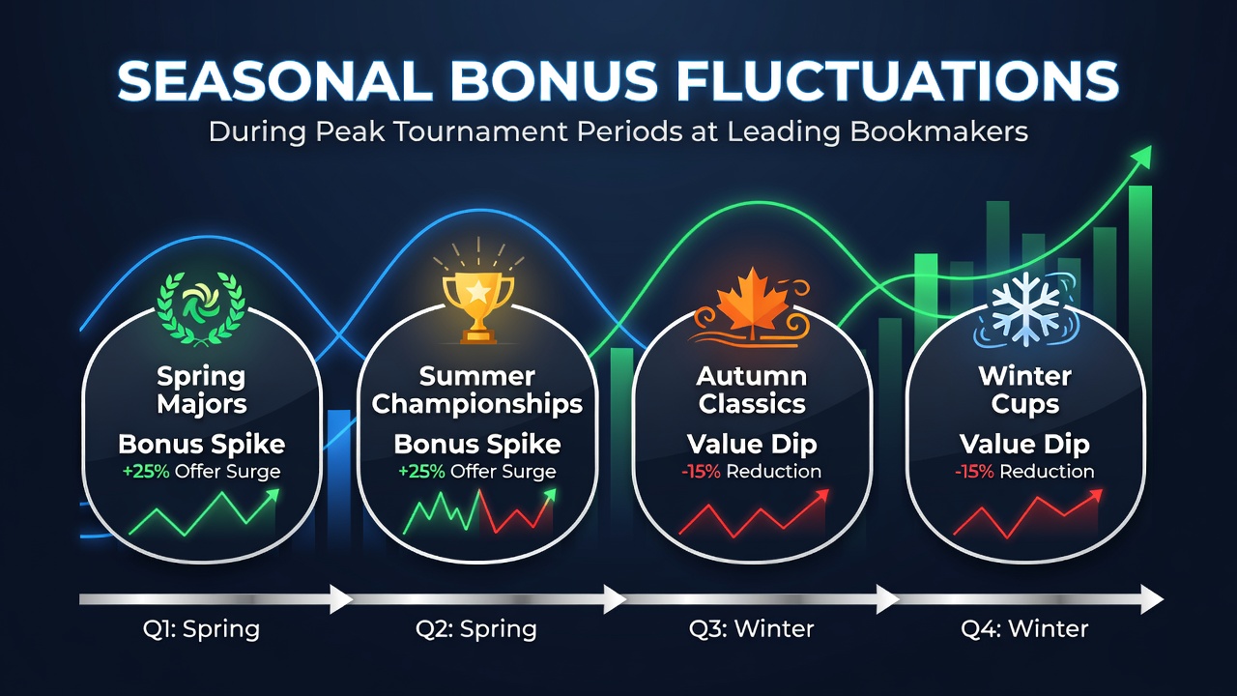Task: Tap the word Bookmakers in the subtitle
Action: [x=938, y=132]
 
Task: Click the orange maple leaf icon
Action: [x=752, y=306]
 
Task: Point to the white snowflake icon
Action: [x=1026, y=309]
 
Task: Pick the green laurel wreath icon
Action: [x=201, y=307]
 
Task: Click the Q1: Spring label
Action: [x=201, y=629]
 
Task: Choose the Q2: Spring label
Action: [x=476, y=629]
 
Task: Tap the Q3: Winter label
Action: [x=751, y=628]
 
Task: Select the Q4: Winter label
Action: [x=1024, y=628]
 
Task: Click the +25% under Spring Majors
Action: [x=146, y=472]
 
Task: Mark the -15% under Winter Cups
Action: [x=974, y=472]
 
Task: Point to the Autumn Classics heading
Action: [x=752, y=390]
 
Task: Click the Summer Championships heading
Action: [x=477, y=390]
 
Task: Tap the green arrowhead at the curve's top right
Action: [x=1143, y=157]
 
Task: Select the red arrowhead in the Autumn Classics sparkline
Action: [x=821, y=496]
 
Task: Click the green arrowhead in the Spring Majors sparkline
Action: [x=272, y=496]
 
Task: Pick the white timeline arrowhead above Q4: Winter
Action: [x=1152, y=599]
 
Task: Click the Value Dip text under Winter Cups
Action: [x=1025, y=444]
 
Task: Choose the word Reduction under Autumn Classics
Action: [x=774, y=472]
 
